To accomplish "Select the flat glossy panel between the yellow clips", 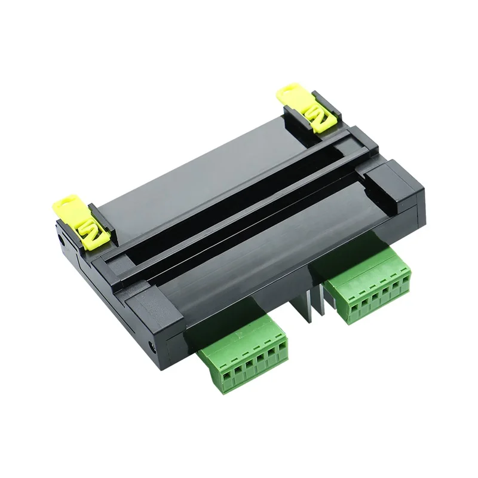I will tap(197, 161).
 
